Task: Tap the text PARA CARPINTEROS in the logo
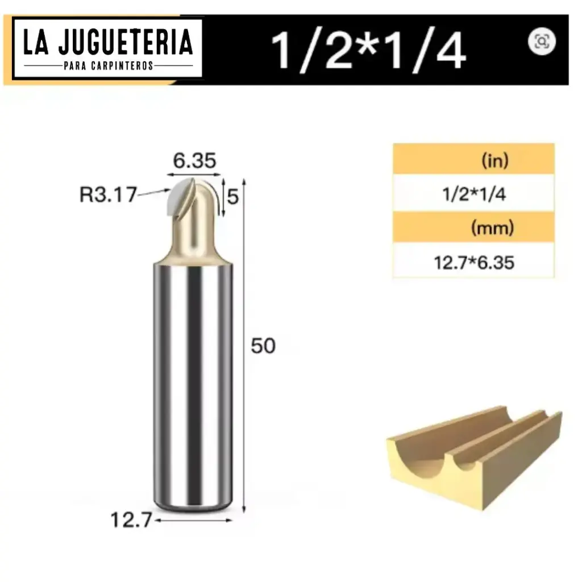(108, 66)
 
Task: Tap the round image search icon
(542, 41)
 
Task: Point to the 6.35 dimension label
(194, 161)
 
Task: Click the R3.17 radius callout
(108, 195)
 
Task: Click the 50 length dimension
(263, 346)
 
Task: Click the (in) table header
(494, 161)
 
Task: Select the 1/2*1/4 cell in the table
(473, 195)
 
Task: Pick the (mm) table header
(492, 229)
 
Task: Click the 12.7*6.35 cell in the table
(473, 263)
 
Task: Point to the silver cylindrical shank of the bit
(193, 386)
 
